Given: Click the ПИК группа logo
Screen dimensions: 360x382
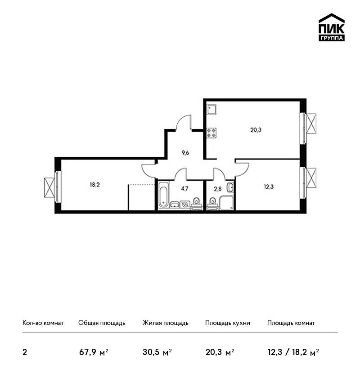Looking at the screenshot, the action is [x=332, y=27].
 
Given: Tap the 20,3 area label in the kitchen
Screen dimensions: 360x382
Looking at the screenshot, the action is [x=256, y=130].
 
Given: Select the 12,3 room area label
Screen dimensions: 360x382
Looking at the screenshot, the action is [x=269, y=187].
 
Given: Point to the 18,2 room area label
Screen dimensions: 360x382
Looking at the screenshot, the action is [x=94, y=185].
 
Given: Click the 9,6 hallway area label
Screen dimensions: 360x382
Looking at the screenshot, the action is [x=185, y=153].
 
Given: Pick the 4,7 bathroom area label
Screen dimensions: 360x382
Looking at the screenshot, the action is [x=184, y=189].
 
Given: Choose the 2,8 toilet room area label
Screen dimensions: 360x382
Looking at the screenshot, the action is [x=217, y=189].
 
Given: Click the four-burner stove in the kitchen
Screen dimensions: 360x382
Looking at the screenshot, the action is [x=211, y=133].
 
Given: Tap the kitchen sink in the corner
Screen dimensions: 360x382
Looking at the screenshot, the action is [x=211, y=109].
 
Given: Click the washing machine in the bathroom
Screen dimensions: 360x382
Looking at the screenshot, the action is [x=185, y=204].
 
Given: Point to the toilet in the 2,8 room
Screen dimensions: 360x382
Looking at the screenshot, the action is [x=212, y=204].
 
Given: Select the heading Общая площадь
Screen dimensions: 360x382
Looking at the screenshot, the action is [x=102, y=323].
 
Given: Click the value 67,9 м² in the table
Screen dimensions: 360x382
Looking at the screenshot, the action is [x=94, y=352].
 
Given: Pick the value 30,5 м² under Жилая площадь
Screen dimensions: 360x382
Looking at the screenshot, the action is [x=157, y=352].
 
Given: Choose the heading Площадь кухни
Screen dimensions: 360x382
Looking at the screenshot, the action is [x=228, y=323].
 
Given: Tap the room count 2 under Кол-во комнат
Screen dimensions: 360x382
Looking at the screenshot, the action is [x=25, y=352].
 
